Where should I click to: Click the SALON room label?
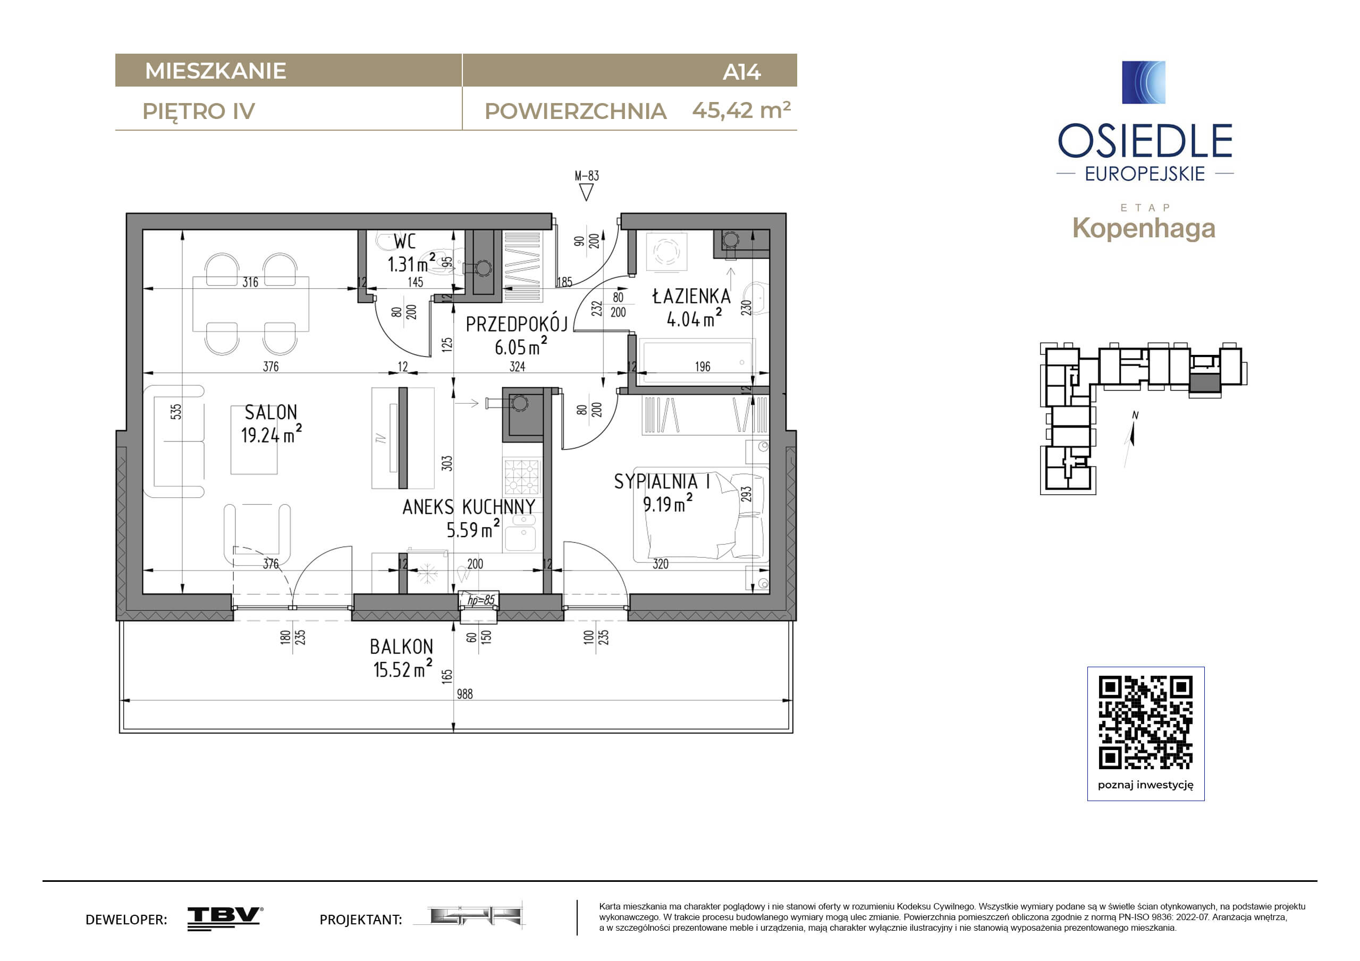tap(271, 412)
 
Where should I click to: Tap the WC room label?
tap(404, 242)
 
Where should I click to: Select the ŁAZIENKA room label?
tap(691, 295)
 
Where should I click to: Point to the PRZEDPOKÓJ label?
tap(517, 324)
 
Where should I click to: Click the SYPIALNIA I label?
tap(662, 481)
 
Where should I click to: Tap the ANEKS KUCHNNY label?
tap(469, 507)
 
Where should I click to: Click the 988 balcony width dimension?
tap(464, 694)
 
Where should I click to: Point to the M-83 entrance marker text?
tap(586, 176)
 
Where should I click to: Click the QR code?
tap(1146, 722)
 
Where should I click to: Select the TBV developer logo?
tap(225, 919)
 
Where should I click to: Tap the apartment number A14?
tap(741, 72)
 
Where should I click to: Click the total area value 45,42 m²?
tap(741, 110)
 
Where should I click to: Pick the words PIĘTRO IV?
tap(198, 112)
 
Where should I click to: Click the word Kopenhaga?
tap(1144, 228)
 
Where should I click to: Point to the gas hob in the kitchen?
tap(522, 477)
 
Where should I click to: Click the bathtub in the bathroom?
tap(697, 361)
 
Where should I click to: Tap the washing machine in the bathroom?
tap(666, 252)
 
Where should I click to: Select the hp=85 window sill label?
tap(480, 600)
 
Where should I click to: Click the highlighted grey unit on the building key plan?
tap(1205, 382)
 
